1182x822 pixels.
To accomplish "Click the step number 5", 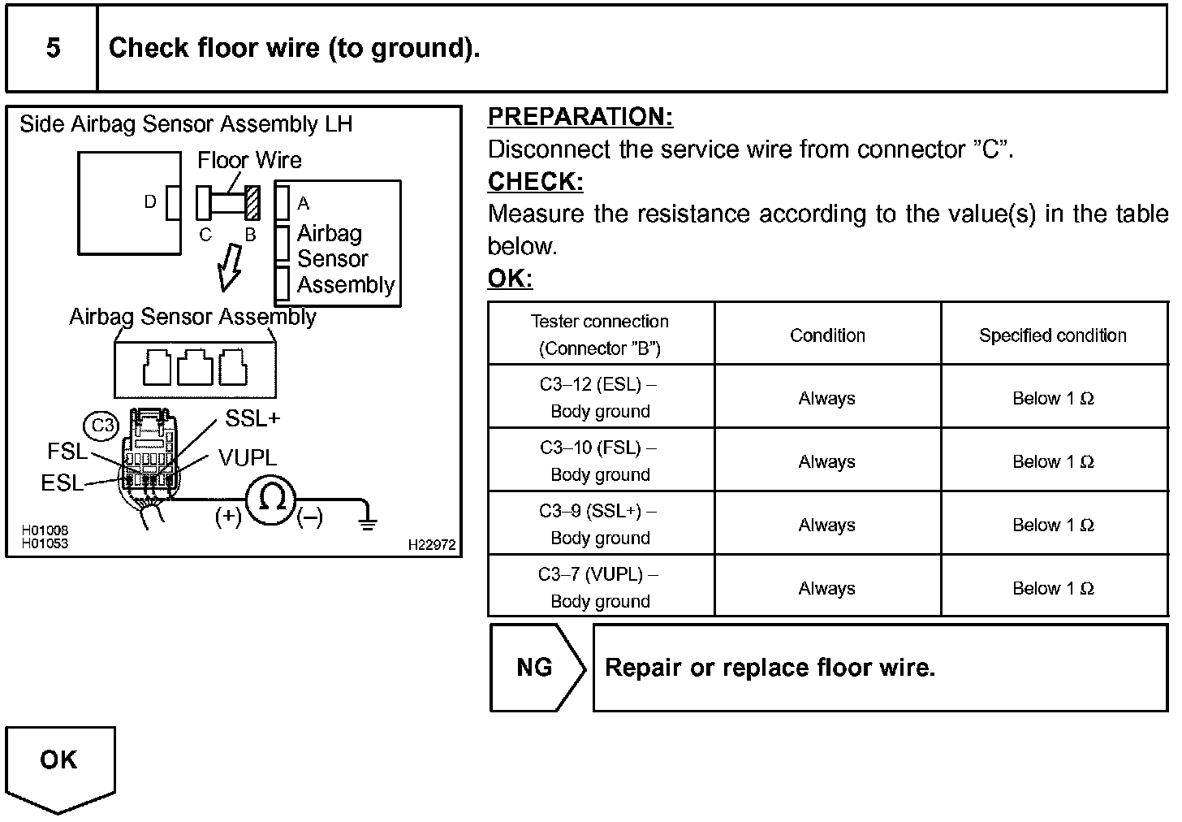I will coord(53,48).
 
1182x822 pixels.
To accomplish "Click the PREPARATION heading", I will coord(580,117).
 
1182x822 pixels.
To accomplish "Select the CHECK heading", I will coord(535,182).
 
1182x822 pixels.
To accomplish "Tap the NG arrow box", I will coord(537,668).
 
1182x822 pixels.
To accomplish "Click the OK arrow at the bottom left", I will coord(60,767).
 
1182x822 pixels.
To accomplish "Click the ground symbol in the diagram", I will coord(368,521).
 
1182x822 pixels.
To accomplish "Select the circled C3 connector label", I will coord(102,426).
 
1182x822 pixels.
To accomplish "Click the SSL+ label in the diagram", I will coord(252,418).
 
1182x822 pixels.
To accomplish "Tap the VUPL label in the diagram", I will coord(248,458).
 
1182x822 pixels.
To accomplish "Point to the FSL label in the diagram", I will coord(67,452).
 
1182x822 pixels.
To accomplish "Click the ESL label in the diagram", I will coord(62,483).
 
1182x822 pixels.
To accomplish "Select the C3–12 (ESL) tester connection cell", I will coord(600,397).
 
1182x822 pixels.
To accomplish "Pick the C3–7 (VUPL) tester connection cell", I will coord(600,587).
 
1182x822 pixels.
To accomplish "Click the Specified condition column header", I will coord(1052,335).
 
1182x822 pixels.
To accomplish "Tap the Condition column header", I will coord(827,335).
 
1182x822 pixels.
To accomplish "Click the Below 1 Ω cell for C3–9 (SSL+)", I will coord(1052,525).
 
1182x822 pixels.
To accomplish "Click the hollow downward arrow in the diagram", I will coord(231,268).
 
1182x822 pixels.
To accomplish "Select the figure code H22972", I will coord(431,545).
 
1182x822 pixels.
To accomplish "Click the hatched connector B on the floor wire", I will coord(252,203).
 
